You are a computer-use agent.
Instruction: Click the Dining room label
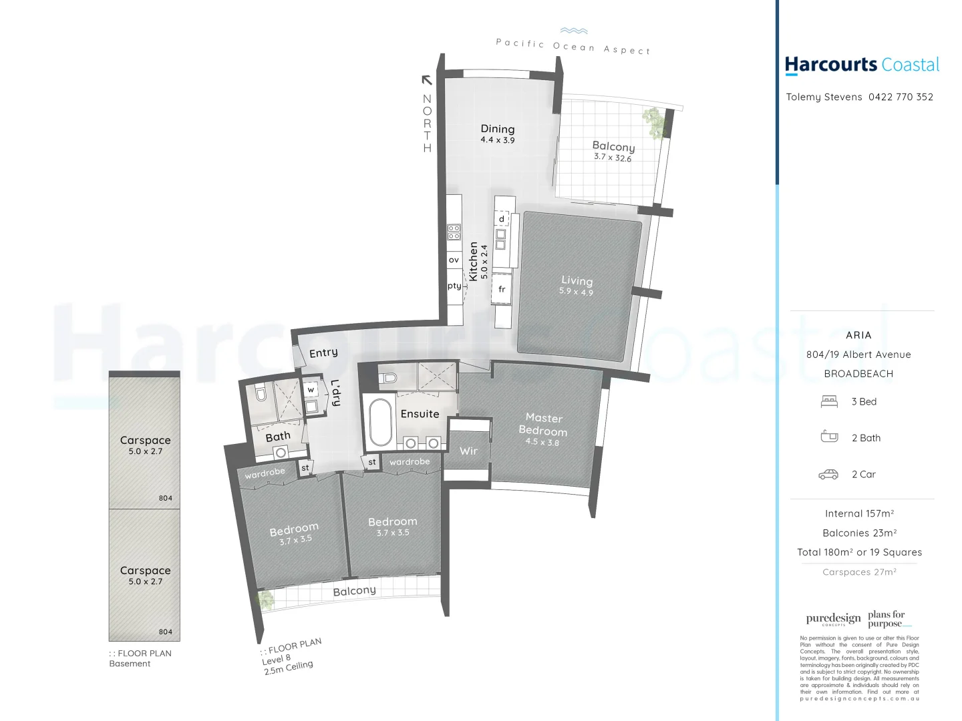tap(498, 129)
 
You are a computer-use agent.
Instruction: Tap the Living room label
tap(577, 281)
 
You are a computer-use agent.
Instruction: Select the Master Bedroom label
tap(543, 425)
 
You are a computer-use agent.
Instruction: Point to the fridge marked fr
tap(502, 289)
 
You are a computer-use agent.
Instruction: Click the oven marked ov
tap(454, 260)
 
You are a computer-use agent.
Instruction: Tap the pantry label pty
tap(454, 286)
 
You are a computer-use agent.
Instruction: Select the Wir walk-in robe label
tap(468, 451)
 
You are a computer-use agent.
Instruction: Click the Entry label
tap(323, 352)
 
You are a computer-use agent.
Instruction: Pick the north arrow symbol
tap(427, 80)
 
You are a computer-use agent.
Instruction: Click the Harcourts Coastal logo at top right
tap(862, 65)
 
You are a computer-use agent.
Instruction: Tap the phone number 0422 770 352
tap(901, 97)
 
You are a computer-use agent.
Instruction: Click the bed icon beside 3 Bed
tap(829, 401)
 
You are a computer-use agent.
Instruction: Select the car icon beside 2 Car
tap(828, 474)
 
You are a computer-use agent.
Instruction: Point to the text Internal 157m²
tap(859, 513)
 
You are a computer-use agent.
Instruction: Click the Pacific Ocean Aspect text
tap(573, 45)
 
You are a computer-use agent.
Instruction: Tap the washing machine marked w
tap(311, 389)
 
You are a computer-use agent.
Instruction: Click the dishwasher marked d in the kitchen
tap(502, 219)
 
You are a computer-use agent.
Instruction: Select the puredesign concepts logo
tap(833, 619)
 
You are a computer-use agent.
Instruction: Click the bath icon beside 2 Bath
tap(829, 437)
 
